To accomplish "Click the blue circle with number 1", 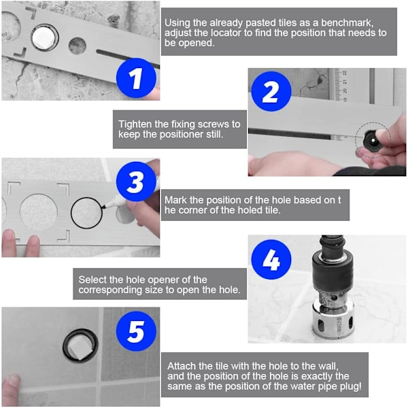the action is [x=136, y=78].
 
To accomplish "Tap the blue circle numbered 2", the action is [x=271, y=91].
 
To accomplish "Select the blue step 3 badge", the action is [x=136, y=182].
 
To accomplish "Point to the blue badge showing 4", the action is [x=271, y=260].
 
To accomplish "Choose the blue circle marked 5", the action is [x=136, y=331].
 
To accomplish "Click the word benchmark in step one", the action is [x=347, y=23].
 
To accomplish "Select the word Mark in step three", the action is [x=175, y=200].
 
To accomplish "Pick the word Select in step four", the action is [x=92, y=279].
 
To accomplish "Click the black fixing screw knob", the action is [x=373, y=141].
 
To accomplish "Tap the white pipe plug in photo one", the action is [x=44, y=38].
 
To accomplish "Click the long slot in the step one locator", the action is [x=128, y=58].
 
